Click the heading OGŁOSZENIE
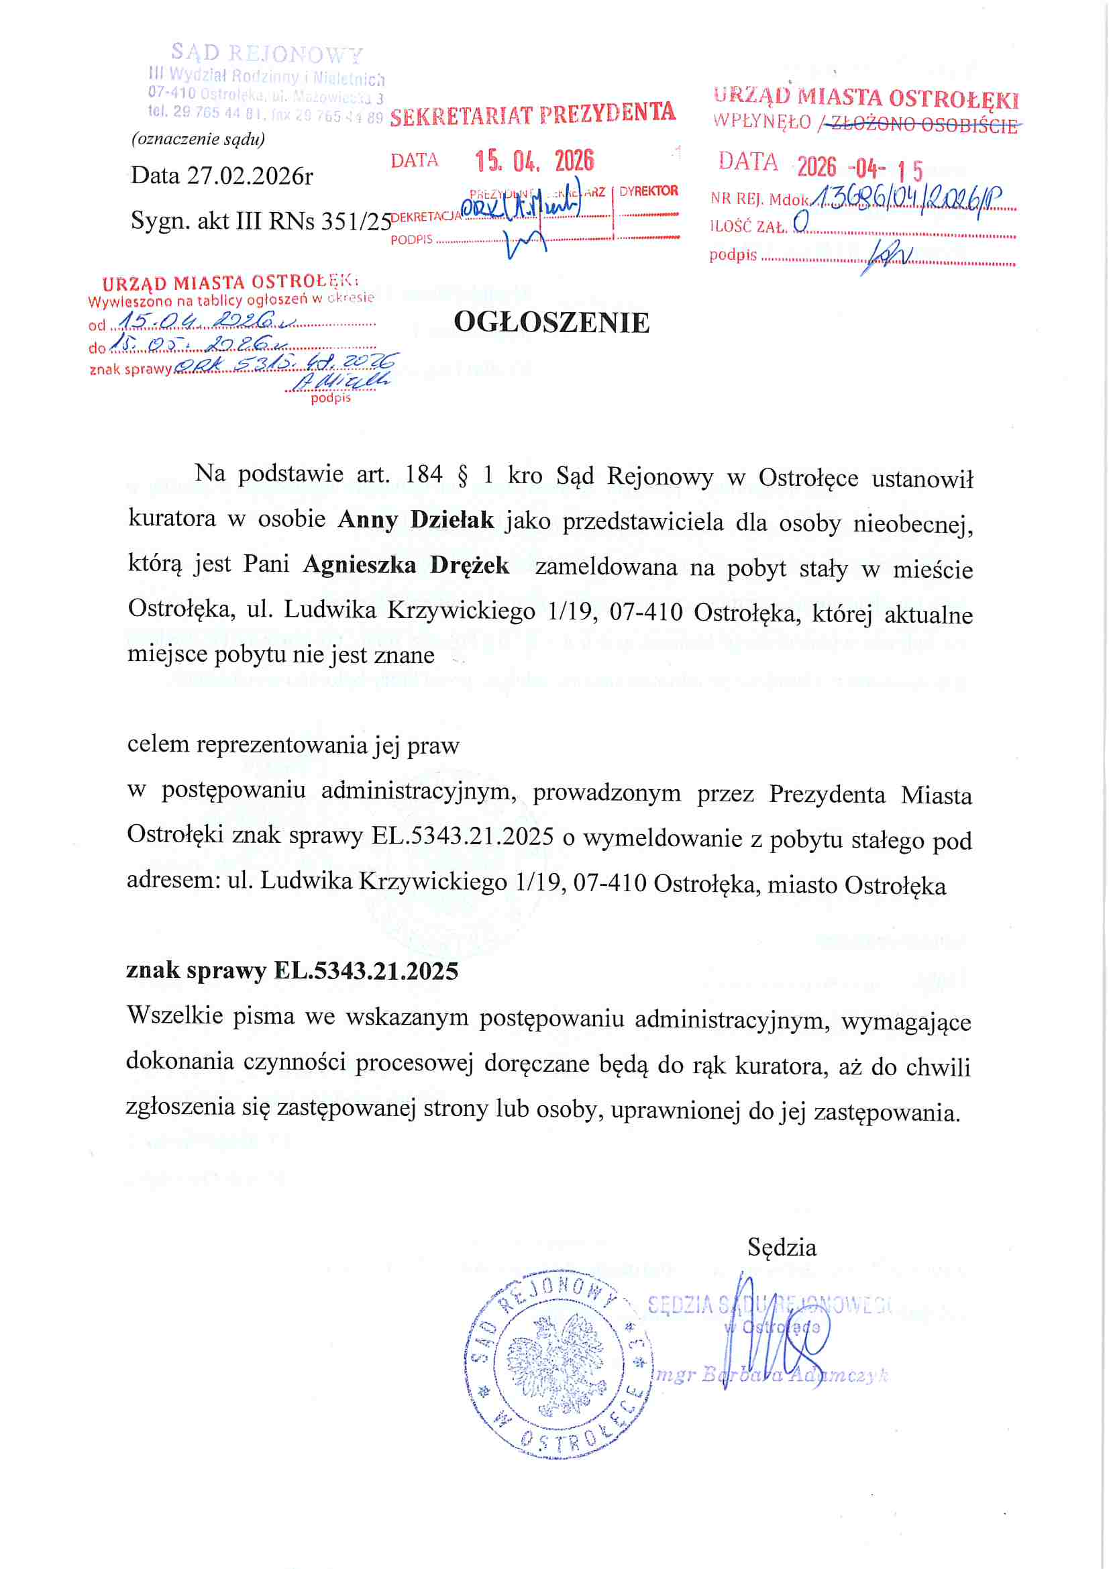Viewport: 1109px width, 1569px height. [551, 323]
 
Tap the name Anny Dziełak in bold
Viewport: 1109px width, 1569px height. [415, 520]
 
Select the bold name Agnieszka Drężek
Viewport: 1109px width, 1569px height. [406, 565]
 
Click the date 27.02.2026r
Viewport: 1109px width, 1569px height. [250, 176]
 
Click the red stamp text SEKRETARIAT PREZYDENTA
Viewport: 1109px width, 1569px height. [532, 113]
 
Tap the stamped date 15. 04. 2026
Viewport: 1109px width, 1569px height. [534, 161]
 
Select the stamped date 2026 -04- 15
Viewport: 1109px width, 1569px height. [859, 167]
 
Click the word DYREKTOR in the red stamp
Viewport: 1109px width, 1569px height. [649, 191]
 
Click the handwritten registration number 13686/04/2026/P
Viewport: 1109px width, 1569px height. [909, 199]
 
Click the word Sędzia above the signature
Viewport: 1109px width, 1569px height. [782, 1248]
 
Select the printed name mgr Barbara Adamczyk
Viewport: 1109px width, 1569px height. [772, 1376]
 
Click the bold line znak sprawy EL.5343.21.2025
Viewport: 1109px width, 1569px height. [293, 971]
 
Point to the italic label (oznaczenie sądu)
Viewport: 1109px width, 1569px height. [198, 139]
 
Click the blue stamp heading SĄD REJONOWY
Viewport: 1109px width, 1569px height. [266, 52]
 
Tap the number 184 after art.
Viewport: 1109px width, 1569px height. [423, 474]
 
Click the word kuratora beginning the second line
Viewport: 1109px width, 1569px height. [172, 519]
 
